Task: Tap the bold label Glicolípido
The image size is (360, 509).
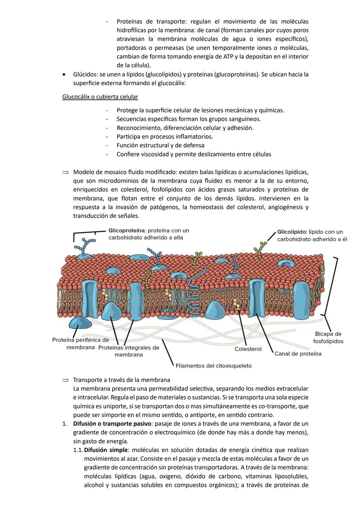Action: (292, 232)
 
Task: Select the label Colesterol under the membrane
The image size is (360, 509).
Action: (248, 349)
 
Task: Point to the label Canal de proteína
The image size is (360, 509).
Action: (298, 354)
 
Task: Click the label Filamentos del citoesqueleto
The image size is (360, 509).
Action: (213, 366)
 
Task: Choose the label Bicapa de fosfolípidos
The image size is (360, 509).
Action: (328, 337)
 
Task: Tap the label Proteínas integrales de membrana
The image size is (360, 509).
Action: (129, 351)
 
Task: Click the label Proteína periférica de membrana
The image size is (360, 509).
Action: (81, 344)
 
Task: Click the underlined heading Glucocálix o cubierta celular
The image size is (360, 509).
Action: (100, 97)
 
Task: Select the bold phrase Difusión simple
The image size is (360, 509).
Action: (105, 450)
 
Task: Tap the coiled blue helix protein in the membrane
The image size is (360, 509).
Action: (194, 295)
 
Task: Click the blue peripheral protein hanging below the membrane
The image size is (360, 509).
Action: (80, 324)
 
